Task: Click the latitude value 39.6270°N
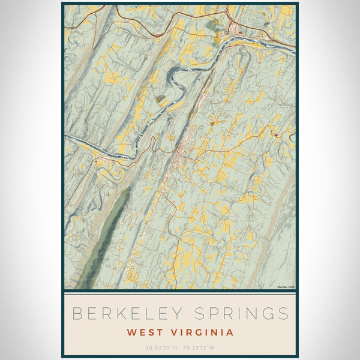161,347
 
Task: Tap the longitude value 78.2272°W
199,347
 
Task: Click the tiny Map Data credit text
286,287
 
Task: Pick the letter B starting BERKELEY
76,313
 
